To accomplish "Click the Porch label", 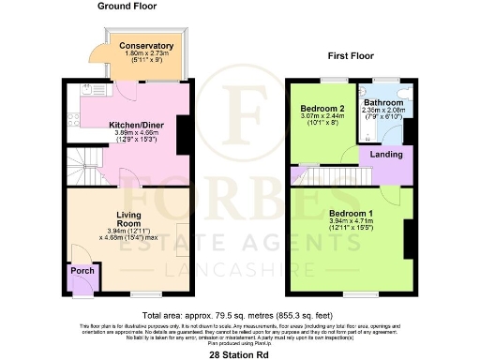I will click(x=82, y=272).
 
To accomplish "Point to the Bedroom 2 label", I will click(x=322, y=109).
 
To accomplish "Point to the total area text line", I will click(x=240, y=315).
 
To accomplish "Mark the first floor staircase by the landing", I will click(x=319, y=174).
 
